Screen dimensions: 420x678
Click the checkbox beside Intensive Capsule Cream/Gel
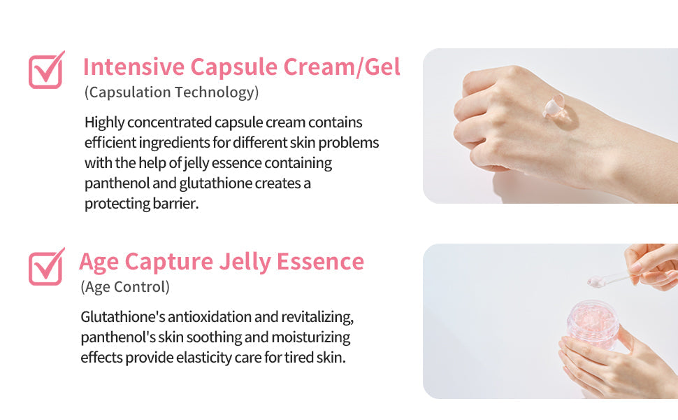(45, 71)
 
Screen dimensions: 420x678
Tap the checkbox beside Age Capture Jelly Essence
(45, 267)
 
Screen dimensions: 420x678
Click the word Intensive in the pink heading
(134, 67)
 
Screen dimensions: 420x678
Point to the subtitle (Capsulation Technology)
(171, 92)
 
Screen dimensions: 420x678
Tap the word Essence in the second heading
(320, 261)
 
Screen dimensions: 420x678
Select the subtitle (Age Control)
(125, 287)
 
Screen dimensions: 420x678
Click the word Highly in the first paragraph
(106, 122)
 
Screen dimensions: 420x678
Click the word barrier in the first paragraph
(175, 204)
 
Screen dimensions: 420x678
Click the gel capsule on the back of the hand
(552, 106)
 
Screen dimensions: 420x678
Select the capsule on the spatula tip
(596, 281)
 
